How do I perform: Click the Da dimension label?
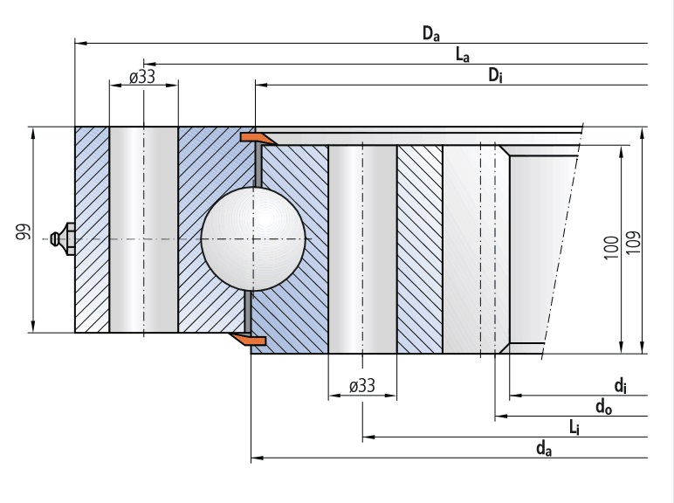pyautogui.click(x=430, y=34)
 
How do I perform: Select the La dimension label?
pyautogui.click(x=463, y=56)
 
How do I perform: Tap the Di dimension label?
pyautogui.click(x=495, y=77)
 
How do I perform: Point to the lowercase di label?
pyautogui.click(x=619, y=385)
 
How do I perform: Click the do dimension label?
pyautogui.click(x=602, y=406)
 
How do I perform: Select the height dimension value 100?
pyautogui.click(x=611, y=249)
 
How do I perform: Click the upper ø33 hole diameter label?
pyautogui.click(x=142, y=77)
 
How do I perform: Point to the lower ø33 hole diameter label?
pyautogui.click(x=361, y=385)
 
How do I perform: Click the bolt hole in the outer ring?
pyautogui.click(x=143, y=229)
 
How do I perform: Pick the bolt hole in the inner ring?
pyautogui.click(x=361, y=249)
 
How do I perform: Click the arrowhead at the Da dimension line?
pyautogui.click(x=79, y=42)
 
